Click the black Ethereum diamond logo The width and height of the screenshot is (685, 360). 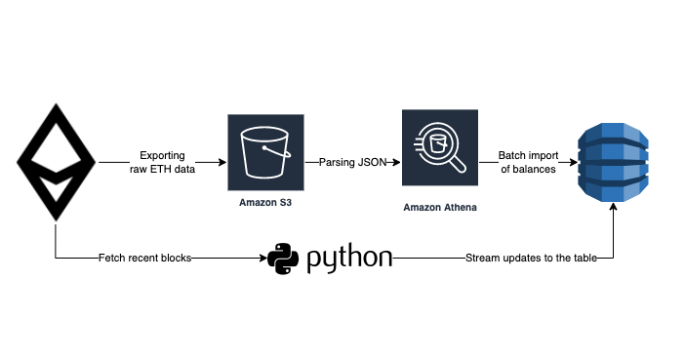click(56, 162)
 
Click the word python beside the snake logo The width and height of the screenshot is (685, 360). click(349, 260)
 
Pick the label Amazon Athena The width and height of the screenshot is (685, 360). click(440, 208)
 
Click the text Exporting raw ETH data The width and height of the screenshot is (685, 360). click(162, 162)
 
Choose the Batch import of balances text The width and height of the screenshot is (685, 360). click(527, 162)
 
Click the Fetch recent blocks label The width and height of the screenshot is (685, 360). click(144, 259)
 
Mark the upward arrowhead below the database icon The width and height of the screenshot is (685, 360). click(613, 210)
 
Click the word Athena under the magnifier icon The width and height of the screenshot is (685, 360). click(459, 208)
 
